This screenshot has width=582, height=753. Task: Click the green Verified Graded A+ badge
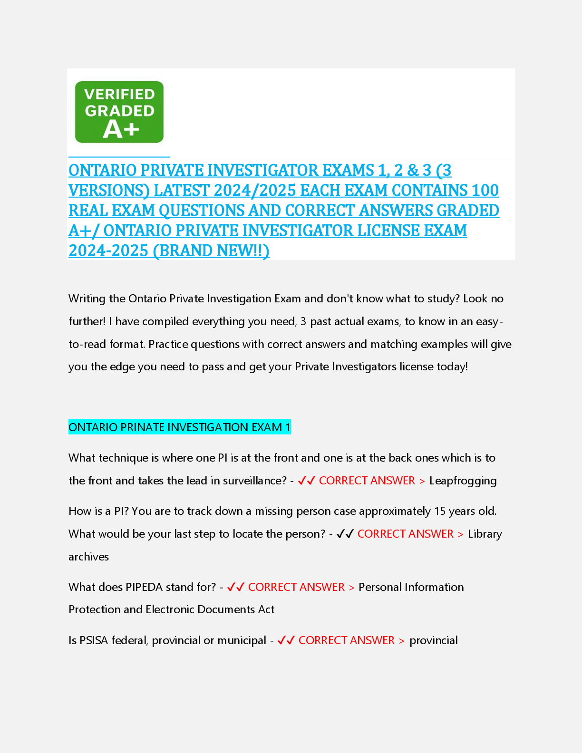(x=119, y=112)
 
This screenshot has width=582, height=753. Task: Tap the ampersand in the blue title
(x=413, y=170)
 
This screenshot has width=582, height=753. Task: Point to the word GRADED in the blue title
(x=468, y=211)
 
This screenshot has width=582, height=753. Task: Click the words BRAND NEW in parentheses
(x=211, y=251)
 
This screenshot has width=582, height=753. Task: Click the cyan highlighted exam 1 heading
(x=179, y=427)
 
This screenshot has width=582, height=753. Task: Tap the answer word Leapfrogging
(x=463, y=481)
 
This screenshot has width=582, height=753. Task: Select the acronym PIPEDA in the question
(x=144, y=587)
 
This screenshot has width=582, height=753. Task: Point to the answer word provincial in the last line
(x=433, y=640)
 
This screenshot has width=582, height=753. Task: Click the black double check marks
(x=345, y=534)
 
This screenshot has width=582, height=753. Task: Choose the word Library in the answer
(x=485, y=534)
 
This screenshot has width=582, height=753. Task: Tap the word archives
(x=88, y=557)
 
